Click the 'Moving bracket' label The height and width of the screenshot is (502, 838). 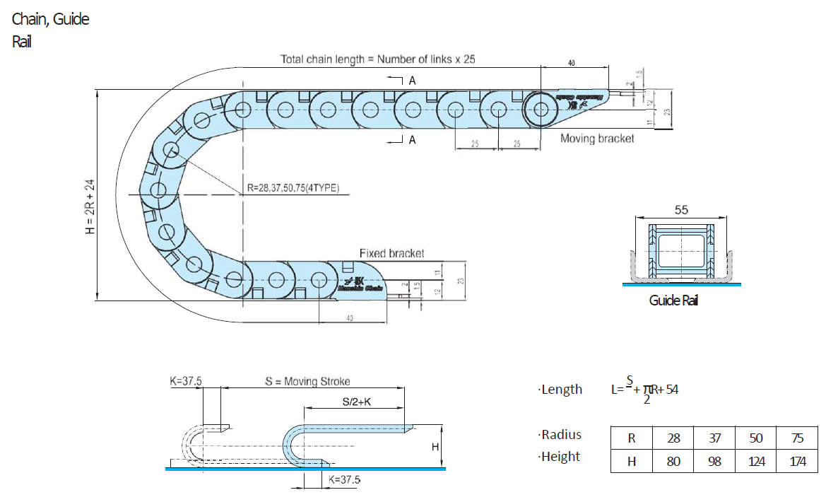597,139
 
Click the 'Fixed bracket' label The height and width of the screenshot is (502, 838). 392,253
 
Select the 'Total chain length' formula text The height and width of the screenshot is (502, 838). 378,59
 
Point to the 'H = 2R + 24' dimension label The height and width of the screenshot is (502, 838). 90,206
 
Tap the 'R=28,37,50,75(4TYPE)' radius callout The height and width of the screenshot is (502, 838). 294,188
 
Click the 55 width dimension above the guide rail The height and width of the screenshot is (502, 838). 681,210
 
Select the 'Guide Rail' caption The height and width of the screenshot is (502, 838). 673,300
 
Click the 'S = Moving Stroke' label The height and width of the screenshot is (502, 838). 307,381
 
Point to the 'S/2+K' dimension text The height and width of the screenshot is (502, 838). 357,402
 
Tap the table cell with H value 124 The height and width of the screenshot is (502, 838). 756,462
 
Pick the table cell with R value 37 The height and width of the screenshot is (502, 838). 715,438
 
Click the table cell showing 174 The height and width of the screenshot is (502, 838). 797,462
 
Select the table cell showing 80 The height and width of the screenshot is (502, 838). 673,462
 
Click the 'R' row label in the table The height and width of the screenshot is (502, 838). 632,438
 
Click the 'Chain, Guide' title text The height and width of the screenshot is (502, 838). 51,19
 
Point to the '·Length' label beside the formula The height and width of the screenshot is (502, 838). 560,389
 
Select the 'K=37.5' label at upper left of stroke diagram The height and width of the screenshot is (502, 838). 186,380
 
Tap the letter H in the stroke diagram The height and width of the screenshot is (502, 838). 435,446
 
